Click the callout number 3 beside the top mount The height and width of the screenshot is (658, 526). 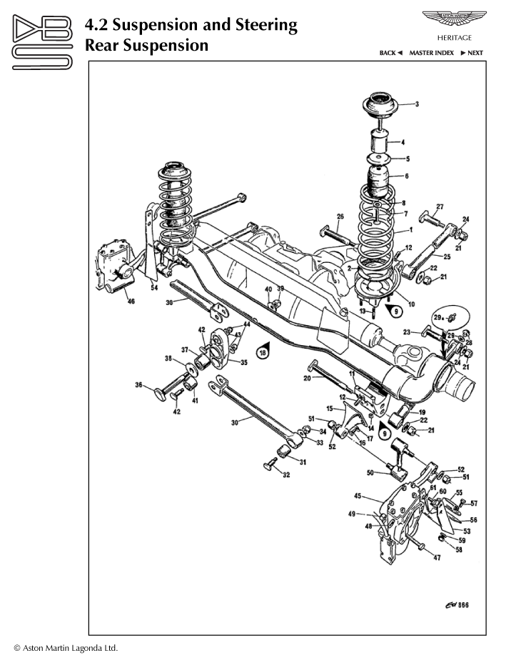coord(417,104)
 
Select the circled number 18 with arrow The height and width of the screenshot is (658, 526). coord(263,352)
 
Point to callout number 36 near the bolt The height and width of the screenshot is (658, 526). coord(139,386)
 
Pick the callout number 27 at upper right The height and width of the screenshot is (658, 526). coord(440,206)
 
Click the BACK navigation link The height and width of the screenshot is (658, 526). coord(391,53)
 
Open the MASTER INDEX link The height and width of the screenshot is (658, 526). coord(431,53)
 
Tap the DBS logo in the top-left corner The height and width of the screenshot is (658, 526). coord(42,43)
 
